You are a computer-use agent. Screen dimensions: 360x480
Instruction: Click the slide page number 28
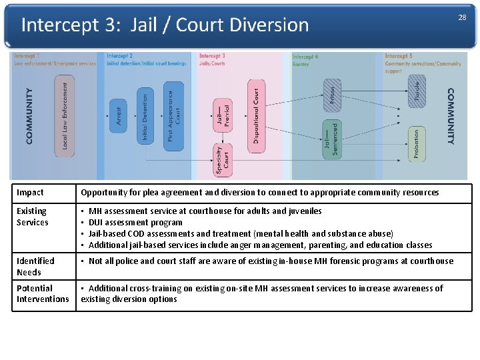point(462,17)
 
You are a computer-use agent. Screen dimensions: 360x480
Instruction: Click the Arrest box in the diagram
point(118,115)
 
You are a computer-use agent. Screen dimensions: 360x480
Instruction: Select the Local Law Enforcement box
point(65,115)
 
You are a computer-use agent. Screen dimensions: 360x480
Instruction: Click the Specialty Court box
point(222,161)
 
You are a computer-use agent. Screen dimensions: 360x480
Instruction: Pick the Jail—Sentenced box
point(331,139)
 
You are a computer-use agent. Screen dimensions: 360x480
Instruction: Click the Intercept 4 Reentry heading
point(305,60)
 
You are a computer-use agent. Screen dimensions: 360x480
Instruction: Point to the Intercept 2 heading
point(119,56)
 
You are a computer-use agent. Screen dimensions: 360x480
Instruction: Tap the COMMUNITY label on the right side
point(451,117)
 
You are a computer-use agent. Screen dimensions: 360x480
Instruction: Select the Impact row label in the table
point(30,193)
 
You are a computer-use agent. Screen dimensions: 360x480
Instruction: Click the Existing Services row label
point(33,217)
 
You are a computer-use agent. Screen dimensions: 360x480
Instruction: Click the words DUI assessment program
point(135,223)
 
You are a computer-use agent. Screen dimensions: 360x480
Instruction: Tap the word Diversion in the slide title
point(269,25)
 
